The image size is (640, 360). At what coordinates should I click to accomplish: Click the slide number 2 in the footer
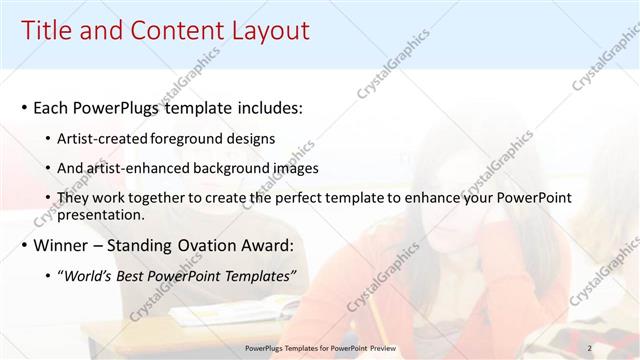(x=589, y=347)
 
